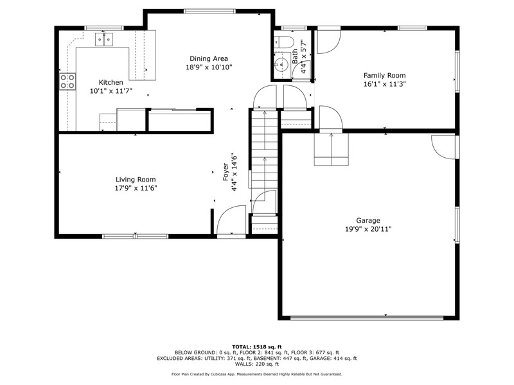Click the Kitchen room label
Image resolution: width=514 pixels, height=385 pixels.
(111, 82)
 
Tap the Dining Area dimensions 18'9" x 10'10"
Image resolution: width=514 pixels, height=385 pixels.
(209, 67)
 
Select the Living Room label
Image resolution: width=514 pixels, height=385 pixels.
(136, 180)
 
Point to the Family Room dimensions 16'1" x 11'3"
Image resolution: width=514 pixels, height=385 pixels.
(384, 84)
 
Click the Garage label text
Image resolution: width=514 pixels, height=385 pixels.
(368, 220)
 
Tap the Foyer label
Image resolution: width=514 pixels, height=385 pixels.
(226, 172)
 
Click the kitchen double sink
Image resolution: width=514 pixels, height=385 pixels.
(104, 39)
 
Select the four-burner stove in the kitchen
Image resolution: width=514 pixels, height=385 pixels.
(67, 82)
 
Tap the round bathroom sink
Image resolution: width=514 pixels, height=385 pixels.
(281, 65)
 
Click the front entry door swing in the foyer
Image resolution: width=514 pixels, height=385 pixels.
(231, 220)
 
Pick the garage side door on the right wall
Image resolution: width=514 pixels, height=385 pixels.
(444, 147)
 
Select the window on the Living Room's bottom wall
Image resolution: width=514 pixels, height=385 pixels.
(136, 236)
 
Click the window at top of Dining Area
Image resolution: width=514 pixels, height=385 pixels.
(209, 12)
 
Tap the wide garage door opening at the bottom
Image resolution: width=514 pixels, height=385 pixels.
(367, 318)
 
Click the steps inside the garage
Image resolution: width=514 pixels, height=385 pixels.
(332, 150)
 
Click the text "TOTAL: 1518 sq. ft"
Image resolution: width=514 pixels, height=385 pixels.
(256, 346)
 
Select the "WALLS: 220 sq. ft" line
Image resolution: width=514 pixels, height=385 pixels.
(256, 364)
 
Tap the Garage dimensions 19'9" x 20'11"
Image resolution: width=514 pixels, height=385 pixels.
(368, 229)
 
